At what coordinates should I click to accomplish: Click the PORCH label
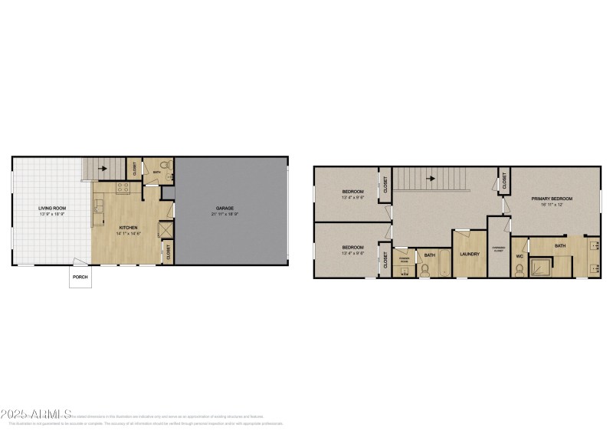pos(80,277)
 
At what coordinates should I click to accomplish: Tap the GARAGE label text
pos(225,208)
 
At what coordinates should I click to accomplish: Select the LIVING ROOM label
pos(53,208)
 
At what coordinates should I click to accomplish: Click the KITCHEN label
pos(128,227)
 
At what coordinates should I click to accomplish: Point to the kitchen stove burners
pos(123,188)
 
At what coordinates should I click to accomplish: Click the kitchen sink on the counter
pos(98,205)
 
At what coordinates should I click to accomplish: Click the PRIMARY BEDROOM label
pos(552,199)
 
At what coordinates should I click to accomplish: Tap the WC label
pos(519,255)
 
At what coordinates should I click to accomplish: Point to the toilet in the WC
pos(520,268)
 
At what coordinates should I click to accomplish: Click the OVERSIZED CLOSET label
pos(497,249)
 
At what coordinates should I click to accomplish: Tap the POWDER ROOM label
pos(405,258)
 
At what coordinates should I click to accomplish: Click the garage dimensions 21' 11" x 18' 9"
pos(225,214)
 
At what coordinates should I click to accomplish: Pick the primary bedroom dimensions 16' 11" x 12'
pos(552,205)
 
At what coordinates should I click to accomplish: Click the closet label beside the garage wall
pos(169,250)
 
